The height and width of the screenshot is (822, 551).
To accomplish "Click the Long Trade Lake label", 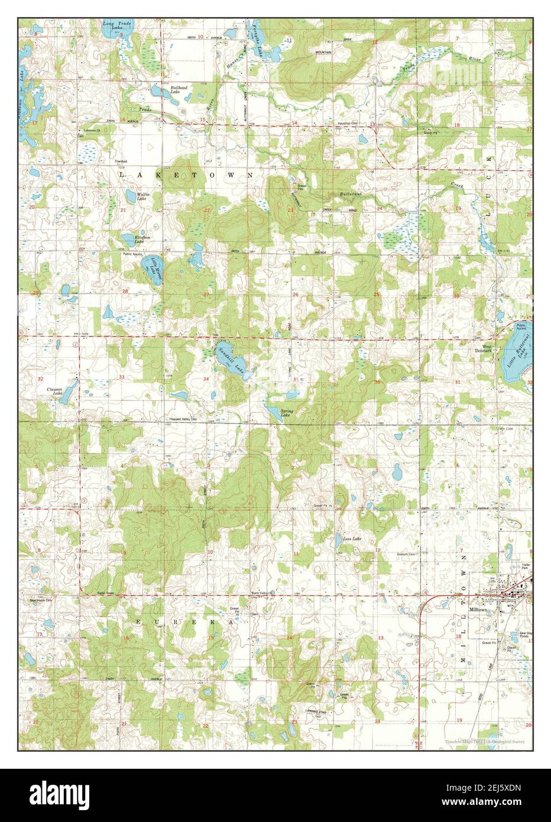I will click(x=113, y=25).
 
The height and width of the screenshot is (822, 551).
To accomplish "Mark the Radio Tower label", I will click(x=95, y=593).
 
